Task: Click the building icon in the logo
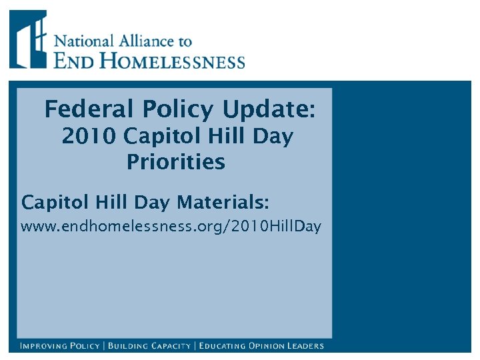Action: pos(28,39)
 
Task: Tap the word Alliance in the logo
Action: pos(144,41)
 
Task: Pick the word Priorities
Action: pos(176,162)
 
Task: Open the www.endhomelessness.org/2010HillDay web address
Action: pos(171,227)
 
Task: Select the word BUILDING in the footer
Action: pos(129,346)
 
